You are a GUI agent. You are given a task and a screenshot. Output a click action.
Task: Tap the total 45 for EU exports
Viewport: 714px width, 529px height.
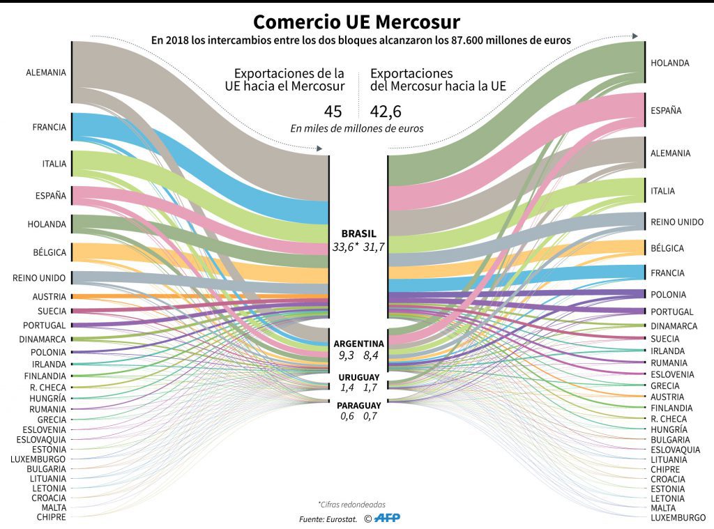coord(333,112)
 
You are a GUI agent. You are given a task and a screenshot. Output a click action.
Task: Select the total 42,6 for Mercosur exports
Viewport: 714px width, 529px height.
coord(386,112)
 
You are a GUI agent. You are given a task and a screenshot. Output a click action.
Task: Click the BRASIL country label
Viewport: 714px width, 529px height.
coord(358,233)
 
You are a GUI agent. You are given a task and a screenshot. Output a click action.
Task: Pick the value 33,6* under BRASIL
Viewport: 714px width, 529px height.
coord(346,247)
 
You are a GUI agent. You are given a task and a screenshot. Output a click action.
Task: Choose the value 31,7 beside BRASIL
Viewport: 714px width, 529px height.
coord(374,247)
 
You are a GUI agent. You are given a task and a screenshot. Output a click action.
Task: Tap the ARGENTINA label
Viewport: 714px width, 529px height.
coord(358,344)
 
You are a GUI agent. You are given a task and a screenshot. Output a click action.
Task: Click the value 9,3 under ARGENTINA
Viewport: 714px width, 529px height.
coord(347,355)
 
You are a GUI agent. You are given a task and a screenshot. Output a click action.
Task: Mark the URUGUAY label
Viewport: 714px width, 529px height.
coord(358,376)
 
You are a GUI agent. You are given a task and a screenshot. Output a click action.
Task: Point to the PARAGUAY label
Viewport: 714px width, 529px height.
coord(358,406)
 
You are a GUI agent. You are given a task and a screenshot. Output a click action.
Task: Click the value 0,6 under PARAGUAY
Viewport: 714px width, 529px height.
coord(347,416)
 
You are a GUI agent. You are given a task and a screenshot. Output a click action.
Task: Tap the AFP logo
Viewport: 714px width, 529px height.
coord(386,518)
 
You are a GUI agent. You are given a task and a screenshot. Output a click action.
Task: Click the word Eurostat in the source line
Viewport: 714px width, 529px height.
coord(340,519)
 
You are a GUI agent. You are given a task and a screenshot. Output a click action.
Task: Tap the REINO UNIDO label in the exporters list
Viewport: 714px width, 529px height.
coord(39,277)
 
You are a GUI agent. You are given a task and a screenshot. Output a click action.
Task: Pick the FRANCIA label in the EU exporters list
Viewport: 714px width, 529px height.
coord(49,127)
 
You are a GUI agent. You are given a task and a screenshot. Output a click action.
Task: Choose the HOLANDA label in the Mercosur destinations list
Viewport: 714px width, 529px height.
coord(669,63)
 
